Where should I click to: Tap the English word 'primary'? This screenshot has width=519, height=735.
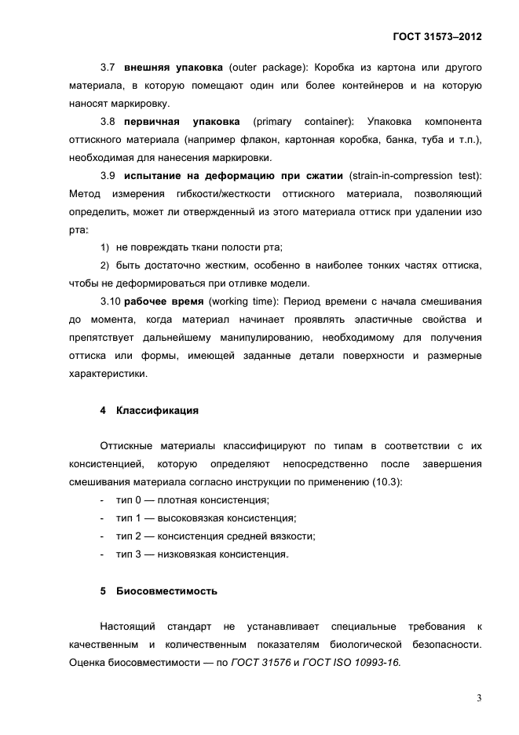tap(274, 122)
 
